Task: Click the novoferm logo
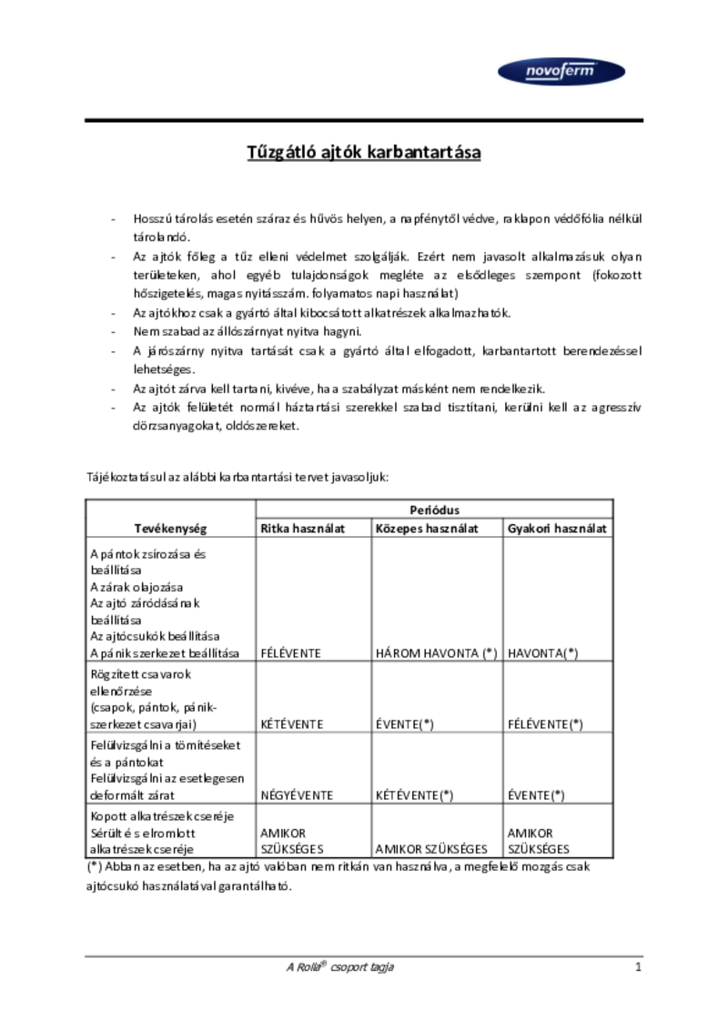(x=561, y=72)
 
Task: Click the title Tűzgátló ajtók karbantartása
(x=364, y=152)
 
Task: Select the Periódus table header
(x=434, y=510)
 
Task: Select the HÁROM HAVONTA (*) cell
(x=436, y=653)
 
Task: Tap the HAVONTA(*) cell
(x=543, y=653)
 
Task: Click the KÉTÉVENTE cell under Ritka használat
(x=292, y=724)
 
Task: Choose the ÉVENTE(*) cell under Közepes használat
(x=404, y=724)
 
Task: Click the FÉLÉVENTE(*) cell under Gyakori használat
(x=545, y=724)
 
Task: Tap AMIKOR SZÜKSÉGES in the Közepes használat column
(x=431, y=849)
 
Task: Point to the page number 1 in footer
(x=638, y=967)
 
